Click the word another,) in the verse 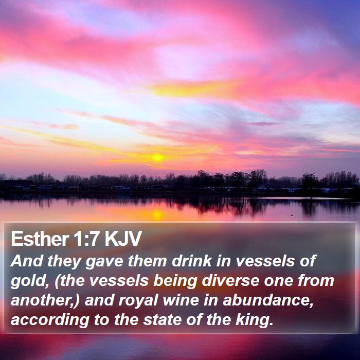coord(44,301)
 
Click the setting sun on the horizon coord(157,158)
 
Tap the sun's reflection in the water coord(157,214)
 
